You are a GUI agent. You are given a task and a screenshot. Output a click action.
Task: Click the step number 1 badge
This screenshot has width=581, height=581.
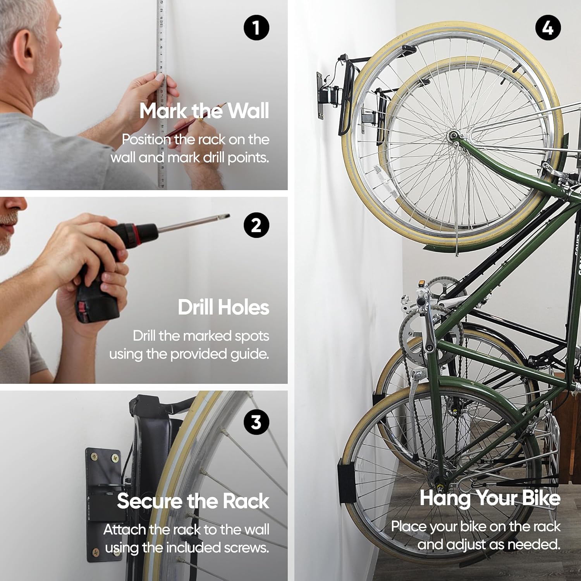pos(256,28)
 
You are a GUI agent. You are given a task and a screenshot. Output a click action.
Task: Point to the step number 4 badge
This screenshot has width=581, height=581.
pos(547,28)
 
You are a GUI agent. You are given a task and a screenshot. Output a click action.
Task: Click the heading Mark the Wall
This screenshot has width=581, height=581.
pos(204,111)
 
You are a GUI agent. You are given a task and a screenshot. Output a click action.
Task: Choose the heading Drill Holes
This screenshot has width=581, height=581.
pos(223,308)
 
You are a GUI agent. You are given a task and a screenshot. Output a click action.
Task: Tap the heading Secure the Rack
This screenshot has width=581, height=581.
pos(193,501)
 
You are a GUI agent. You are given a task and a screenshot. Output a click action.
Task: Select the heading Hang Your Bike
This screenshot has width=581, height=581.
pos(490,498)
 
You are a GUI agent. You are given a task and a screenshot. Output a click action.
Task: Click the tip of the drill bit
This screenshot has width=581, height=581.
pos(229,215)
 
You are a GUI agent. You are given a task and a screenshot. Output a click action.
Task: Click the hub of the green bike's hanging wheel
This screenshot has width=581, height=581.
pos(453,136)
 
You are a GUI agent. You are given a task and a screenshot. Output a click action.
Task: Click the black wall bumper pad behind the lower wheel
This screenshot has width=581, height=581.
pos(346,481)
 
